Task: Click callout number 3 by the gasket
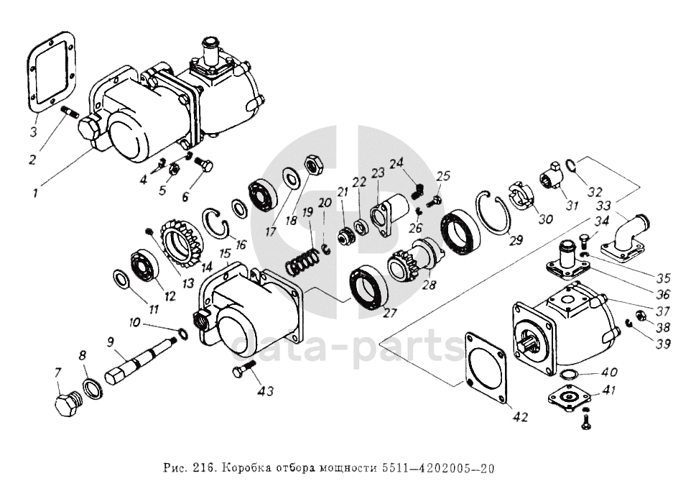[x=33, y=132]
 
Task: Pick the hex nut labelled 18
[x=315, y=165]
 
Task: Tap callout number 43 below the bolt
[x=266, y=391]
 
